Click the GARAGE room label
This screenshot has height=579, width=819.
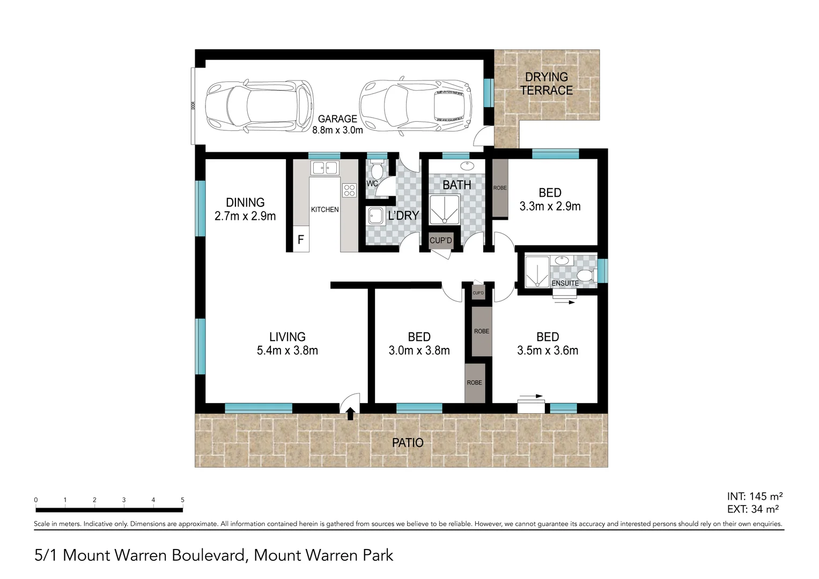(337, 119)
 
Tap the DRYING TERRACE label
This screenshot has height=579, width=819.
(546, 84)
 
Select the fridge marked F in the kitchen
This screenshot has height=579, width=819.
(300, 240)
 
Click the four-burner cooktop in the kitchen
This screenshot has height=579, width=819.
(349, 190)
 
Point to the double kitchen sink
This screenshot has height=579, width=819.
(325, 168)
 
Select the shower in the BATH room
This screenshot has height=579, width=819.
(445, 209)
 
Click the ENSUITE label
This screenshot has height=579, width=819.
(565, 283)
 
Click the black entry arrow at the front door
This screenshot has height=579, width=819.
(350, 413)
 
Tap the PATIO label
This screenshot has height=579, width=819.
(408, 443)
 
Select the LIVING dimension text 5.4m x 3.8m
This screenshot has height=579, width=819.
(287, 351)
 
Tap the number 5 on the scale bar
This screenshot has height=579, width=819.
(182, 500)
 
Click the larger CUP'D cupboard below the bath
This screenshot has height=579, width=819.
(440, 241)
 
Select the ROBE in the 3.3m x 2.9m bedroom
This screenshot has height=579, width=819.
(500, 189)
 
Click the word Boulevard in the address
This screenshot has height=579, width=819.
(208, 555)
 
